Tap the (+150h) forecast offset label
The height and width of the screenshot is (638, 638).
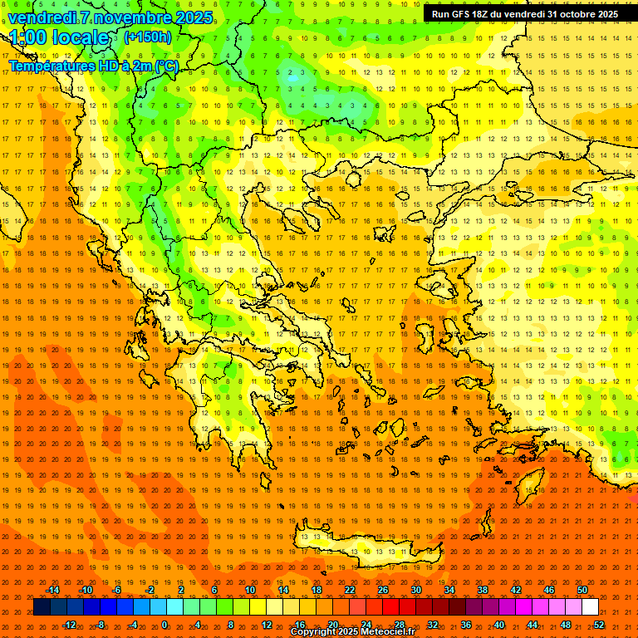(147, 37)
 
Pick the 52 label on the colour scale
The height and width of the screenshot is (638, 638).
(599, 625)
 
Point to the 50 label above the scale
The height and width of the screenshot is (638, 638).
(582, 590)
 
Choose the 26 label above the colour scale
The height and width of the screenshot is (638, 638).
(383, 590)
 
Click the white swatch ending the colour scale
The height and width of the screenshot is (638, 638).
(591, 607)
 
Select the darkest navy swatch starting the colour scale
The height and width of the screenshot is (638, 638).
(42, 607)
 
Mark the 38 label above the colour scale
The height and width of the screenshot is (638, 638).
(483, 590)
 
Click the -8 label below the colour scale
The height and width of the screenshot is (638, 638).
(101, 625)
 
